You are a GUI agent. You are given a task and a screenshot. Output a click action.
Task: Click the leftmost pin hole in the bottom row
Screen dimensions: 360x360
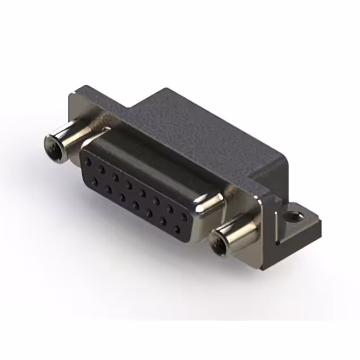click(x=93, y=179)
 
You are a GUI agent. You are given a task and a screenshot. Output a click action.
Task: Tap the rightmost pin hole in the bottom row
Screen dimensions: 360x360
click(x=178, y=230)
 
